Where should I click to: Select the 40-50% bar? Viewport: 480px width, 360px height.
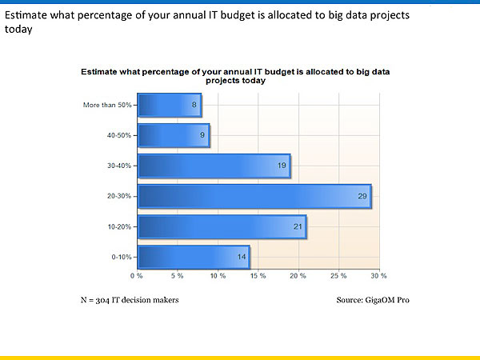click(174, 135)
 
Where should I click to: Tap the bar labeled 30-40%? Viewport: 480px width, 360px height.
click(214, 166)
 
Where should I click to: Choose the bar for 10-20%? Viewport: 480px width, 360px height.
click(222, 226)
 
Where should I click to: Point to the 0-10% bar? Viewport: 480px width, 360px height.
click(194, 257)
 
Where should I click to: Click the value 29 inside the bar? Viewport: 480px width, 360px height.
click(362, 196)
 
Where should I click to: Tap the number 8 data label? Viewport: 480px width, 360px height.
click(194, 105)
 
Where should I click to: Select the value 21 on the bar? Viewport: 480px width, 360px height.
click(298, 226)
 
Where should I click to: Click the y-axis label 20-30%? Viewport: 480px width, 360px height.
click(120, 196)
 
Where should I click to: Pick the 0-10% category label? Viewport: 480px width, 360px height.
click(122, 257)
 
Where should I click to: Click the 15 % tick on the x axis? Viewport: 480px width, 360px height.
click(258, 276)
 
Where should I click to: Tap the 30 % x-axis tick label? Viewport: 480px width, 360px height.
click(378, 276)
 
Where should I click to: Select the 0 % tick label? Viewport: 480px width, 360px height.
click(137, 276)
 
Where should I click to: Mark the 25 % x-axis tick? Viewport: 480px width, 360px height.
click(338, 276)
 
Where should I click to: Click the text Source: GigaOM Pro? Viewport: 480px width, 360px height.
click(374, 300)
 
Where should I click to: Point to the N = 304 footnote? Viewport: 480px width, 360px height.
click(129, 300)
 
